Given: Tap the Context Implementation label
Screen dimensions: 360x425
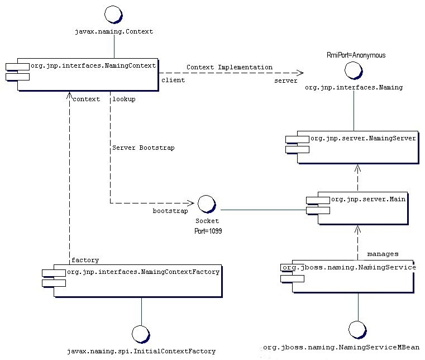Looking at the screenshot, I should pyautogui.click(x=230, y=67).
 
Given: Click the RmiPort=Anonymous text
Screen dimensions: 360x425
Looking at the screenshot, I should pyautogui.click(x=356, y=55).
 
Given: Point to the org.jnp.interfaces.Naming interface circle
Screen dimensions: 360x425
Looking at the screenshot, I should pyautogui.click(x=354, y=70).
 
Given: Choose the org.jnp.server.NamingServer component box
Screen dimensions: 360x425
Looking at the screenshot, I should pyautogui.click(x=357, y=148).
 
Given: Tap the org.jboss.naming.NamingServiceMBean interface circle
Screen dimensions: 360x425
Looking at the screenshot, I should pyautogui.click(x=357, y=330).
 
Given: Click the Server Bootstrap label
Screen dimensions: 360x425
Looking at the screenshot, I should pyautogui.click(x=144, y=148).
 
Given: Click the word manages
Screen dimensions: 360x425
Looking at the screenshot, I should pyautogui.click(x=383, y=254).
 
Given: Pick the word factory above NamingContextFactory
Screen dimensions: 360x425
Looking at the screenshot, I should pyautogui.click(x=85, y=260).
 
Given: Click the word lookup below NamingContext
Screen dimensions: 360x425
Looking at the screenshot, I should pyautogui.click(x=124, y=99).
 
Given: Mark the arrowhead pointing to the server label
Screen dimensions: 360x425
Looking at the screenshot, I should pyautogui.click(x=299, y=73).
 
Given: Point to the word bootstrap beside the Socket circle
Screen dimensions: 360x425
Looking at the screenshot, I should pyautogui.click(x=170, y=211).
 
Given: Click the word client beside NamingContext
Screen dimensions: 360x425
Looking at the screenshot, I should pyautogui.click(x=173, y=80).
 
